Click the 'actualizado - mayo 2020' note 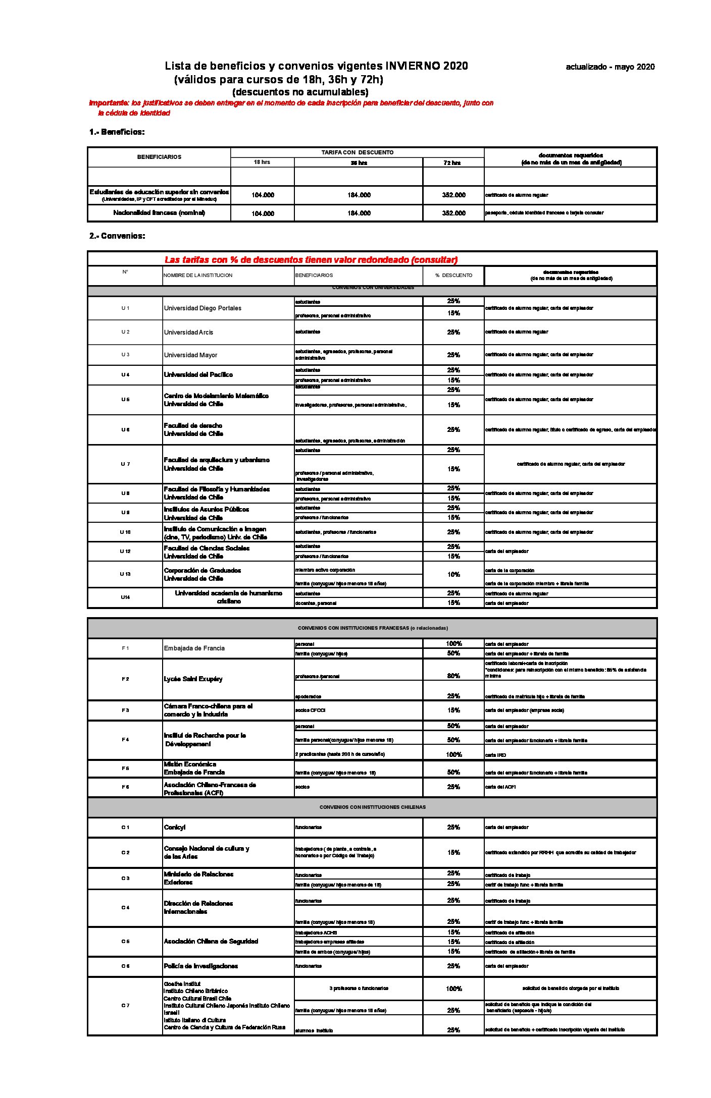(610, 67)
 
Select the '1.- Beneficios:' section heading (117, 132)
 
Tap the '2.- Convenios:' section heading (117, 236)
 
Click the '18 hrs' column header (262, 162)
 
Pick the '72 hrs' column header (452, 163)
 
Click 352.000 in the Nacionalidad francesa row (453, 213)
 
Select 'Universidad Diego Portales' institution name (202, 308)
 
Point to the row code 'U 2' (125, 332)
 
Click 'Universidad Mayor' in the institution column (190, 355)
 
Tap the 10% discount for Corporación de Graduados (453, 575)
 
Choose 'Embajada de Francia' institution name (194, 648)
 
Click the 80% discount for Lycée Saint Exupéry (453, 676)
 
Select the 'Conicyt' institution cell (175, 828)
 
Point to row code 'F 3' (125, 710)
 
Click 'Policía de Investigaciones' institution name (200, 966)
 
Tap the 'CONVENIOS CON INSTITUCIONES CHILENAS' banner (372, 807)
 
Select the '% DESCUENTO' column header (453, 276)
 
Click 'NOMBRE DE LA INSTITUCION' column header (198, 276)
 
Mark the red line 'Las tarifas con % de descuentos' (311, 260)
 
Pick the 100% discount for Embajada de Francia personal (453, 644)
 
